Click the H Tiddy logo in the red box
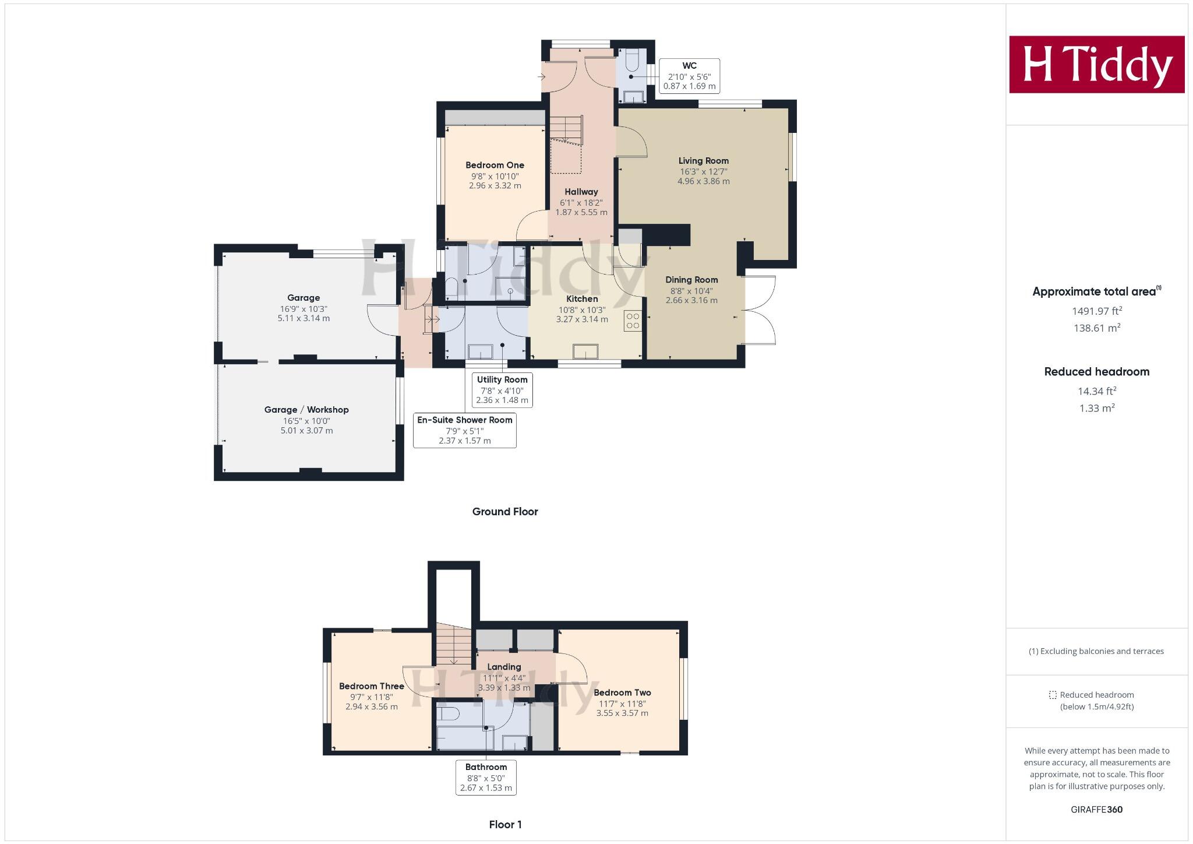pos(1096,64)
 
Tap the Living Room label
pos(703,161)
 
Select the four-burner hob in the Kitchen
pos(633,321)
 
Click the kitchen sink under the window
pos(585,351)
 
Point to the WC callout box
pos(689,76)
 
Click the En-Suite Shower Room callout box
pos(464,430)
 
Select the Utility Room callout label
pos(502,380)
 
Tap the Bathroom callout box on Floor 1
pos(486,777)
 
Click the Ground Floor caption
pos(504,512)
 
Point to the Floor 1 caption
pos(505,824)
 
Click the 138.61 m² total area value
pos(1096,328)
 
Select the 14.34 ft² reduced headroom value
pos(1096,391)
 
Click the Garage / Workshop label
pos(306,410)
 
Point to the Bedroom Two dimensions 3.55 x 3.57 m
pos(622,713)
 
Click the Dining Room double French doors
pos(760,310)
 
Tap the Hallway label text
pos(581,192)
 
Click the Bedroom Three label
pos(371,686)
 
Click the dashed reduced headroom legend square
pos(1052,695)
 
